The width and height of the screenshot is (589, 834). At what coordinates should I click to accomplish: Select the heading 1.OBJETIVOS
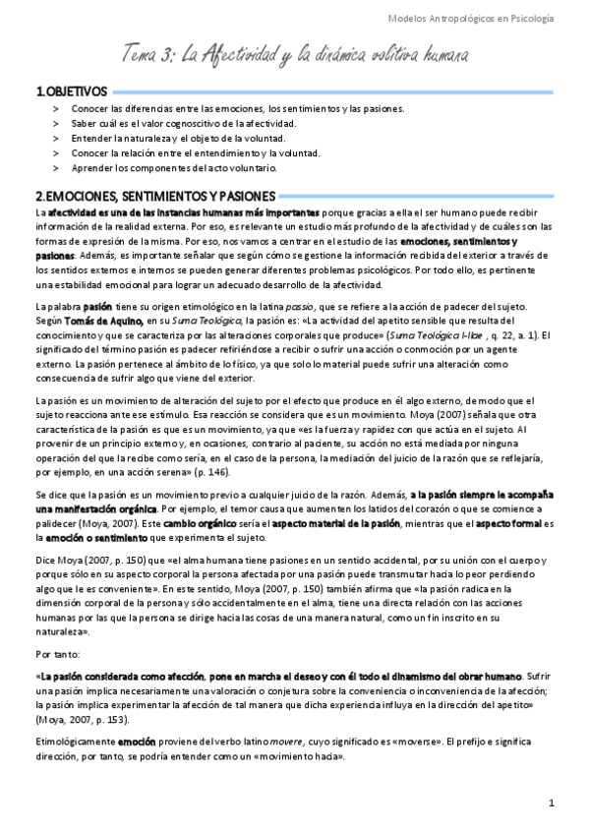(71, 91)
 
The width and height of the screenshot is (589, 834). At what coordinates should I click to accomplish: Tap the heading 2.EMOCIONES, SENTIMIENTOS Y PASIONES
(155, 196)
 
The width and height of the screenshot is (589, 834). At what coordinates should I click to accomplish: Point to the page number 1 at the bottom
(552, 804)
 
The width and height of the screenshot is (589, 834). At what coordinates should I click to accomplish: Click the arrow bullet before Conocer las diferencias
(56, 108)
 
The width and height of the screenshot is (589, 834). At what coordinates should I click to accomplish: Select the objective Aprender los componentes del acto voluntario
(179, 168)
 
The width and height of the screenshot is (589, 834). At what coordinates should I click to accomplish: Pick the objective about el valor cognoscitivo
(183, 123)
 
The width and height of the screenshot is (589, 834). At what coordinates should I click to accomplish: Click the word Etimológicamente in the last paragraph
(75, 745)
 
